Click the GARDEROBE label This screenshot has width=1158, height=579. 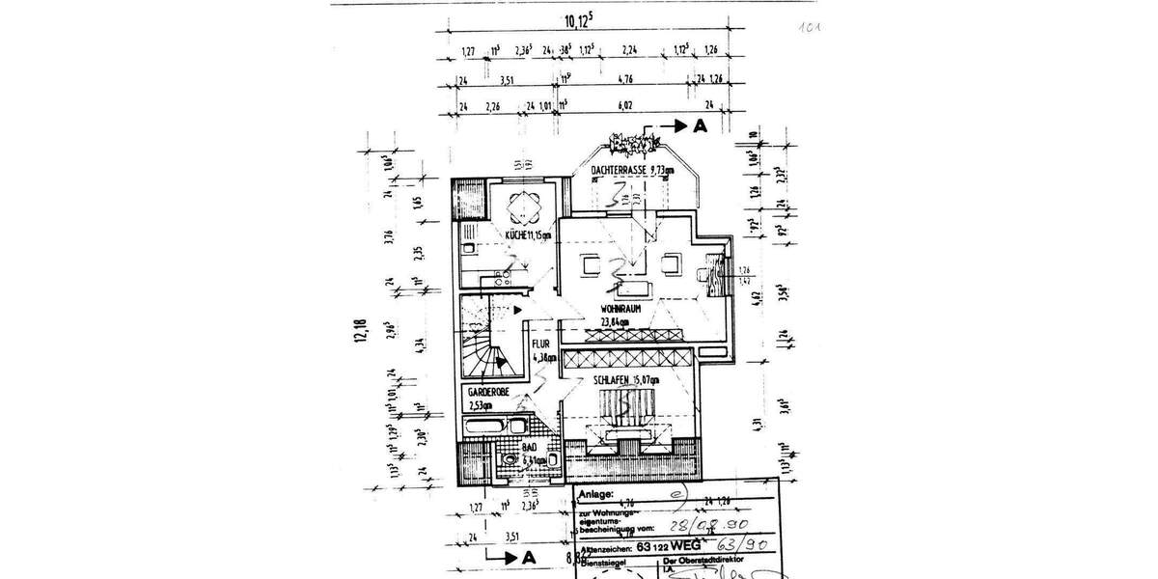pyautogui.click(x=490, y=394)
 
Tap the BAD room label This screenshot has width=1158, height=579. pyautogui.click(x=531, y=450)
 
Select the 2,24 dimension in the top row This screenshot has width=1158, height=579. pyautogui.click(x=631, y=51)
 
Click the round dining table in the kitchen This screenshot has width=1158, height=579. pyautogui.click(x=525, y=206)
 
